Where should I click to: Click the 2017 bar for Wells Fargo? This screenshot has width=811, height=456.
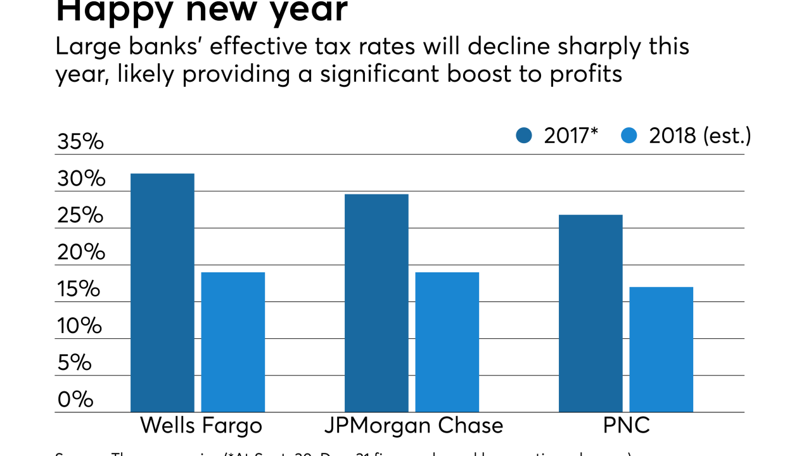coord(162,293)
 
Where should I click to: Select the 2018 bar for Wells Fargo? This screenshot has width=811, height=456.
coord(233,342)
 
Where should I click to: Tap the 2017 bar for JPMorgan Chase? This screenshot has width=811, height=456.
coord(376,303)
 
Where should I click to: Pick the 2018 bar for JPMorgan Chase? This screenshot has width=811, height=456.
coord(447,342)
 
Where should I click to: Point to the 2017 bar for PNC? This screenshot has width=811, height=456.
coord(591,313)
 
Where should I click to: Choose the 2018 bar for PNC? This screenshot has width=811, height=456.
coord(661,350)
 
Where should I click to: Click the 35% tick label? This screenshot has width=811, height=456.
coord(80,142)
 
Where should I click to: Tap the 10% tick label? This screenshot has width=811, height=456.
coord(80,326)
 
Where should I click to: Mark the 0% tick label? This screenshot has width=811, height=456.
coord(75,400)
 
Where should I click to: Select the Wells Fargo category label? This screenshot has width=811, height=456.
coord(201,425)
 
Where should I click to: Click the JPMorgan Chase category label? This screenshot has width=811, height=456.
coord(414,425)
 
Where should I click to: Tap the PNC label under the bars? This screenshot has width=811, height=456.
coord(626,425)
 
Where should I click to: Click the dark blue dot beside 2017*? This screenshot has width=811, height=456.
coord(524,136)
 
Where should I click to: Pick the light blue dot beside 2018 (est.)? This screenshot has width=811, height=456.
coord(629,136)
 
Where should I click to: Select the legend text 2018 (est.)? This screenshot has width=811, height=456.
coord(699,136)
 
